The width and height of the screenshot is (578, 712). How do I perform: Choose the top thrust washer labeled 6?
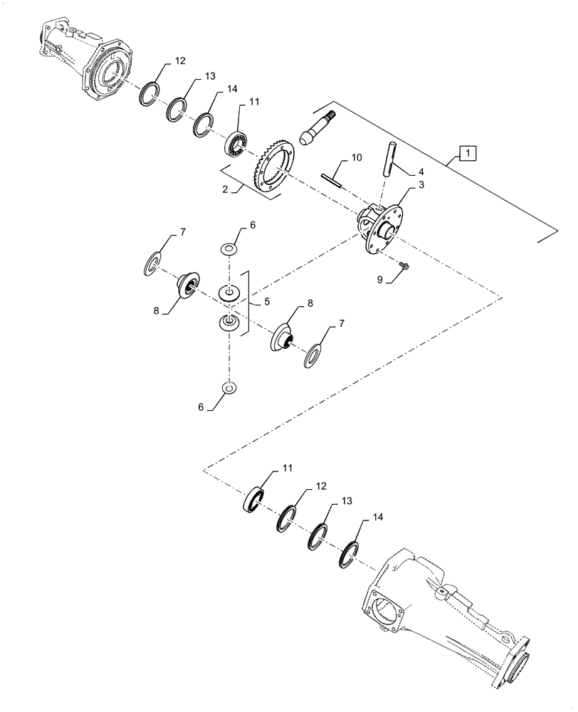tap(228, 250)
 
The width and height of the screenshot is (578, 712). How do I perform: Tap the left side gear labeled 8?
tap(189, 287)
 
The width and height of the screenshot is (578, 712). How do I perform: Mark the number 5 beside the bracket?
tap(267, 302)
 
